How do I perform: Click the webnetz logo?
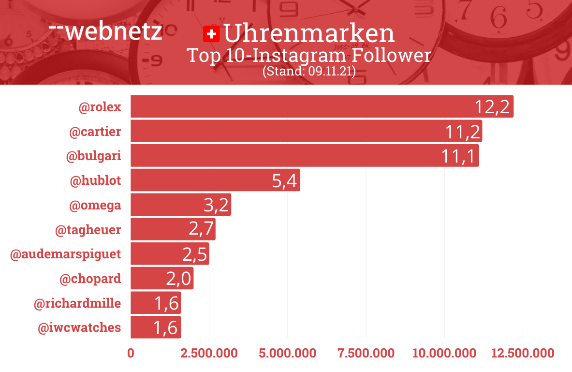point(105,31)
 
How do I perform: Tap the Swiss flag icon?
point(211,34)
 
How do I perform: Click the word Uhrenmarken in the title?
point(309,33)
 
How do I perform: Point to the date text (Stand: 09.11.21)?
point(309,72)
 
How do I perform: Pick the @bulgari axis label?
point(93,156)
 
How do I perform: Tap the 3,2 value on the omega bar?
point(216,205)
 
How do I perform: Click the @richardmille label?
point(77,304)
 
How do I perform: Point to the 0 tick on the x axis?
point(131,353)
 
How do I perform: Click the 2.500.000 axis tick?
point(209,353)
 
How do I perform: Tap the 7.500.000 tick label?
point(366,353)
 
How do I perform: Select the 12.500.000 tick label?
point(523,353)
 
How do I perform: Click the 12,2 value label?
point(492,107)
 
